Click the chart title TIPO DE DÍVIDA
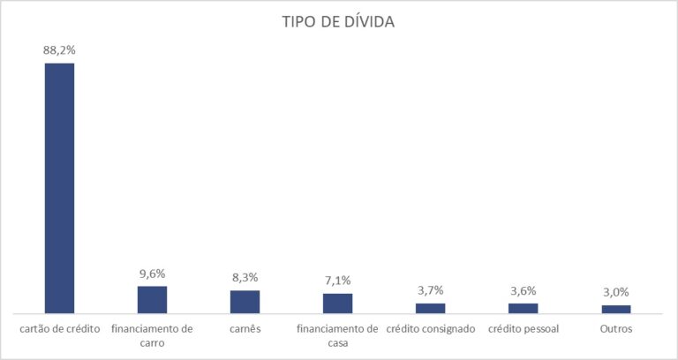click(x=338, y=21)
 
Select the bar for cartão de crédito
click(x=60, y=189)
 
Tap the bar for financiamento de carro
click(x=152, y=300)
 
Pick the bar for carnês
click(x=245, y=302)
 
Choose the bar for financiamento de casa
click(x=338, y=304)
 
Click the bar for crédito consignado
click(x=430, y=308)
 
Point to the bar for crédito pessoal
click(x=524, y=308)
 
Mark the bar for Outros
click(x=615, y=309)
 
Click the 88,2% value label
click(x=59, y=50)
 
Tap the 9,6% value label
click(x=152, y=274)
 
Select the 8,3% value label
click(x=245, y=277)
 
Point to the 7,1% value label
click(x=338, y=281)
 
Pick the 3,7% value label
click(x=430, y=290)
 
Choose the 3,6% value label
click(x=524, y=291)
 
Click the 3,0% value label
click(x=615, y=293)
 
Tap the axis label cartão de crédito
click(x=60, y=329)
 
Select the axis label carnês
click(x=245, y=329)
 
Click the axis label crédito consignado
click(x=431, y=329)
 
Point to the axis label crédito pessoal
click(x=524, y=329)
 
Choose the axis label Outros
click(x=616, y=329)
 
